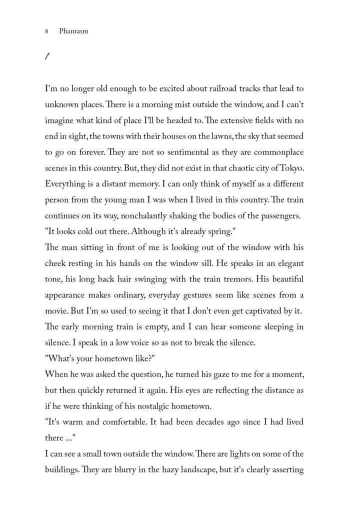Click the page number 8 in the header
(46, 31)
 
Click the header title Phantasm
(73, 31)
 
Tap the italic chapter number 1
(46, 57)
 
